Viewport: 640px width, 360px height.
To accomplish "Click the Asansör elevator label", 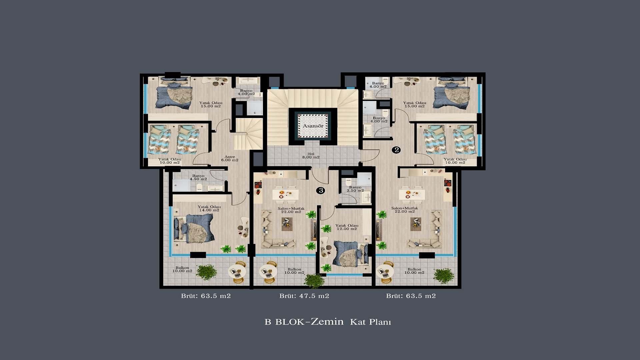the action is [x=313, y=126].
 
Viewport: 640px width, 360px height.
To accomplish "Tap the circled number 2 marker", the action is [x=396, y=150].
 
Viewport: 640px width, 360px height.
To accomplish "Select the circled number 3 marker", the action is [x=321, y=190].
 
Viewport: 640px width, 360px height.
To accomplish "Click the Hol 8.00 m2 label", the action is [x=311, y=156].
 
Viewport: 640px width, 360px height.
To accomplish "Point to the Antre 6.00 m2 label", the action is [x=230, y=158].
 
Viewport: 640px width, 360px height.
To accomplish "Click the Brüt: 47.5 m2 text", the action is [x=304, y=296].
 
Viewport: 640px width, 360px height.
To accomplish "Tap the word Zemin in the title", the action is [x=327, y=322].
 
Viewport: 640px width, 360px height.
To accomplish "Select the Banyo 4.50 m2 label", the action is [x=198, y=177].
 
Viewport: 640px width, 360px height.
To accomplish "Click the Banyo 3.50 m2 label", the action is [x=355, y=189].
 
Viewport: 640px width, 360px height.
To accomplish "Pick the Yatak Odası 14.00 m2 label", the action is [x=209, y=208].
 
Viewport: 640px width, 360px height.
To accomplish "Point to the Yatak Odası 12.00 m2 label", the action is [x=347, y=227].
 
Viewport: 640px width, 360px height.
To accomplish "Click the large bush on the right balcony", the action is [x=444, y=275].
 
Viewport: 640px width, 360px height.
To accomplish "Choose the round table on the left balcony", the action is [x=237, y=272].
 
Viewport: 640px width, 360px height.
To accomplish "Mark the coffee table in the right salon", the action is [x=415, y=224].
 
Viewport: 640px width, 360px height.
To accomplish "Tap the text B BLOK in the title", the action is [x=284, y=322].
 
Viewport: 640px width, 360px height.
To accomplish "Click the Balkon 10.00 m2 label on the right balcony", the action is [x=414, y=271].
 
